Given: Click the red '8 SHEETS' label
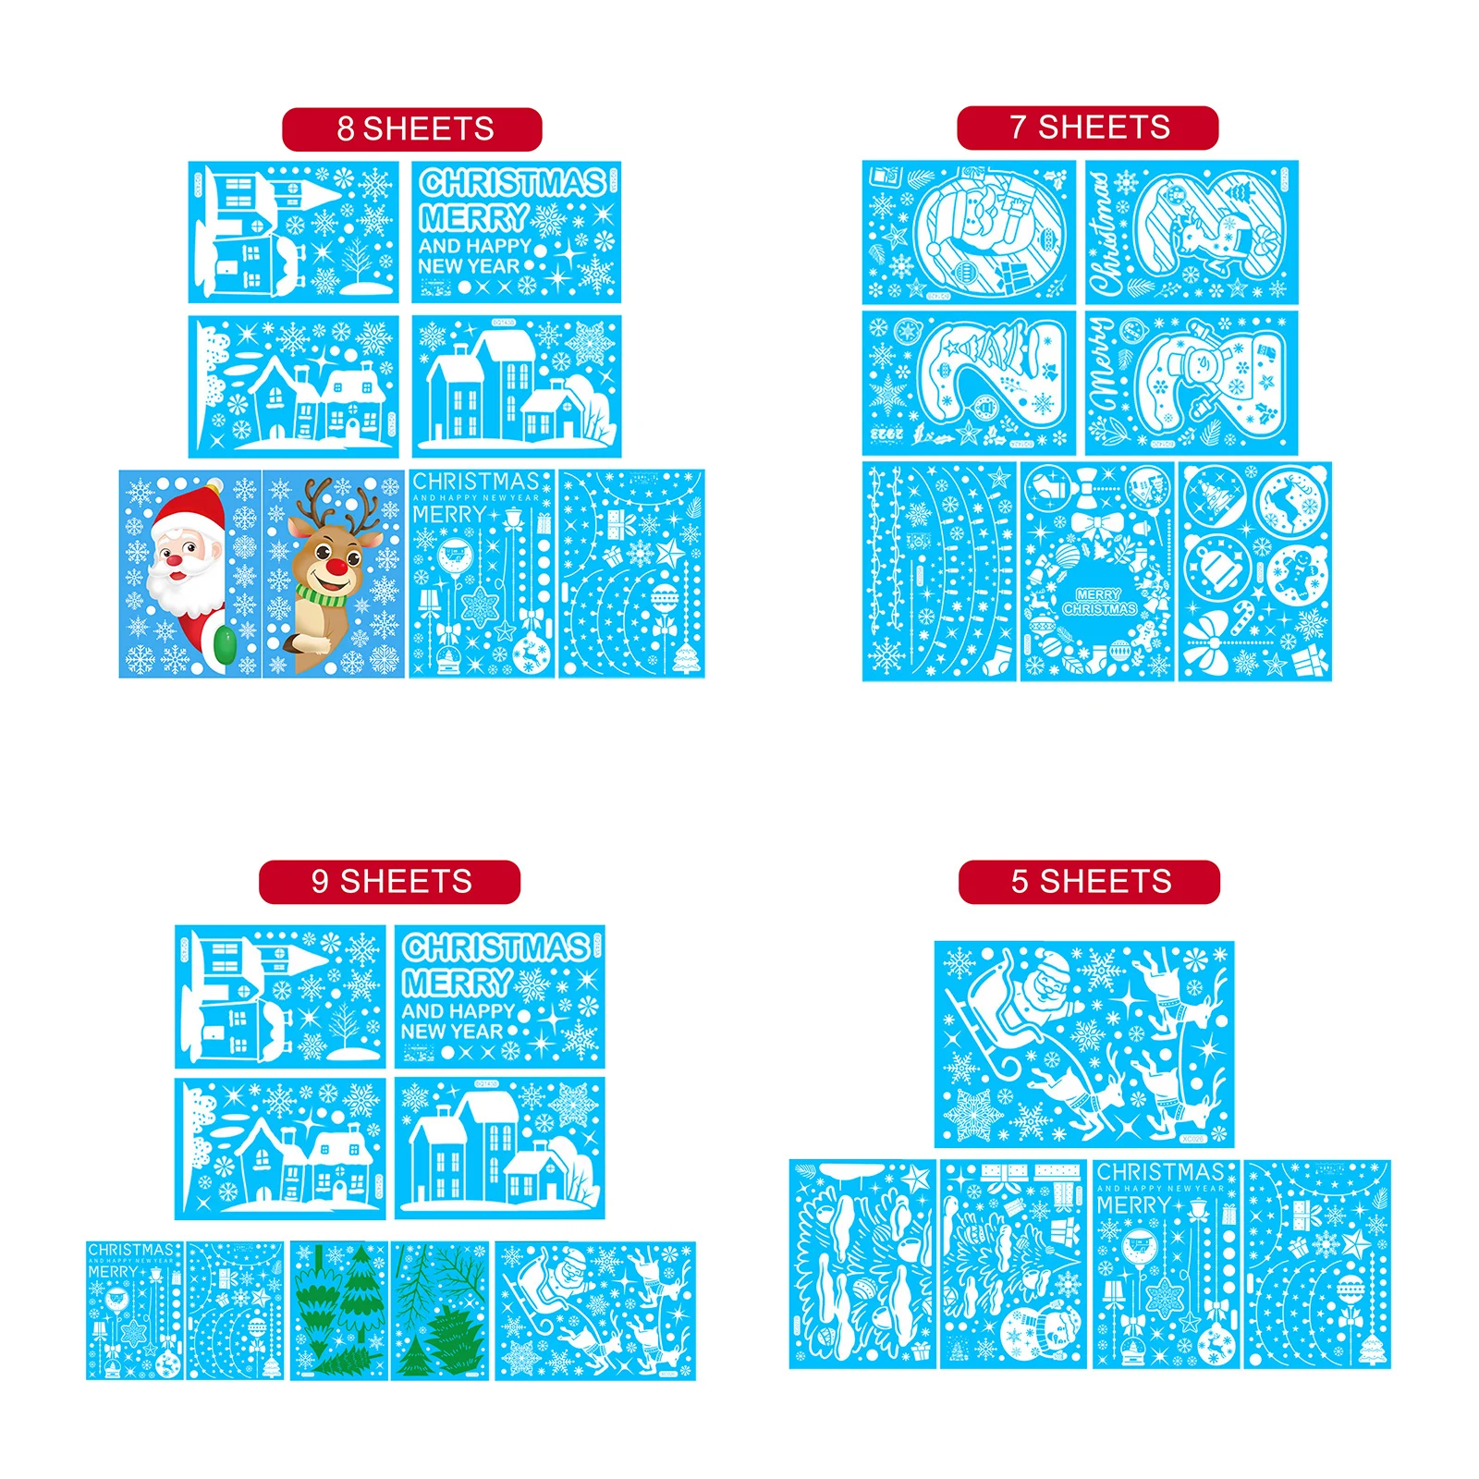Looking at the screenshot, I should [x=412, y=129].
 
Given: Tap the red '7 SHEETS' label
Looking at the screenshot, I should [x=1087, y=128].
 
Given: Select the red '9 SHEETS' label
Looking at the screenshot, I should [x=389, y=882].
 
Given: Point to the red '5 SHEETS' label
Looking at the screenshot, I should [x=1089, y=882].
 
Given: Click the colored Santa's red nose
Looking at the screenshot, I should [x=174, y=560].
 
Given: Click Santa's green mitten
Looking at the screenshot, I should [x=223, y=645].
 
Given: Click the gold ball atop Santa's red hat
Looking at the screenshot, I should [x=214, y=484].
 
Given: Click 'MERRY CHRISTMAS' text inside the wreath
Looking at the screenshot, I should [x=1098, y=602].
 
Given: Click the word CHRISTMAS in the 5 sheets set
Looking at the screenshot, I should [x=1160, y=1172].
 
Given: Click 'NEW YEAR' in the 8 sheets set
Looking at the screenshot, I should [x=468, y=266].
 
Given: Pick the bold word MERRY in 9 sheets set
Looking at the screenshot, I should [x=457, y=983].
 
